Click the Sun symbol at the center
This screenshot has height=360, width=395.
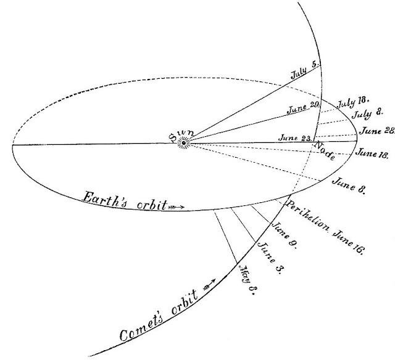click(x=182, y=143)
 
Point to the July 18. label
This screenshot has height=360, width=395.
click(x=352, y=101)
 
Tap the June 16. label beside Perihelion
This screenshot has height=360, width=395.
click(x=351, y=242)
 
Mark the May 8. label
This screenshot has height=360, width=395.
click(x=247, y=281)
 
